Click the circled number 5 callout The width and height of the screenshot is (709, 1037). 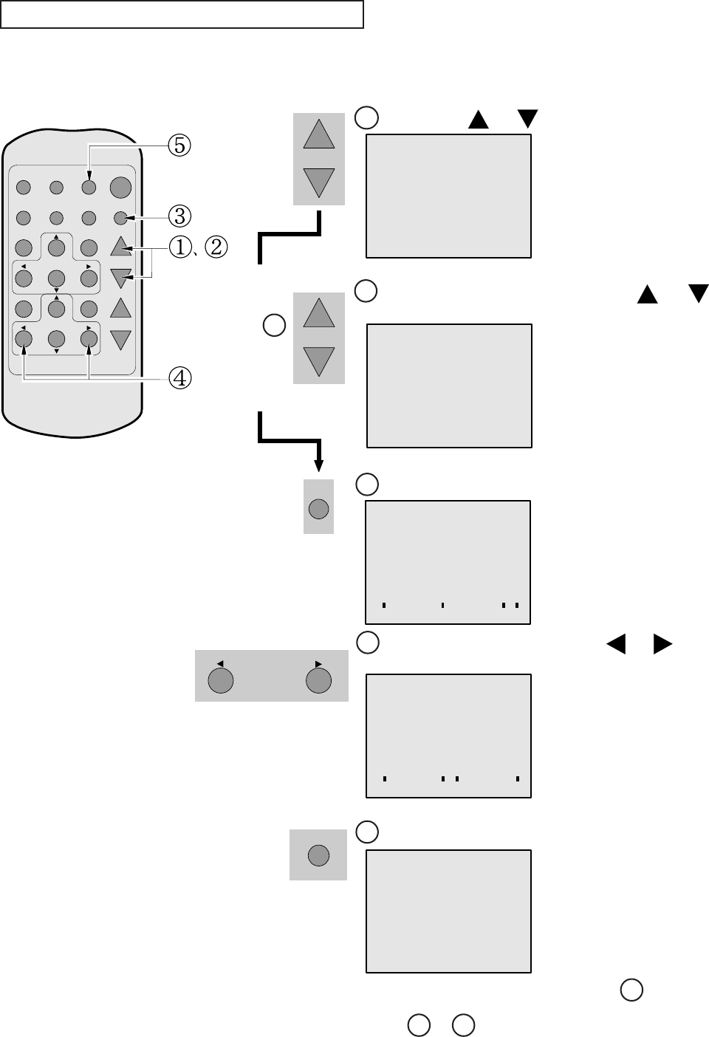click(179, 145)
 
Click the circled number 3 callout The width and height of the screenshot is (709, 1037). click(179, 216)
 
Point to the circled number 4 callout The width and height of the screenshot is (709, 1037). click(179, 378)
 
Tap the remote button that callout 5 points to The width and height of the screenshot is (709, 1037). click(89, 188)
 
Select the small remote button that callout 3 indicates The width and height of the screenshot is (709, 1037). click(120, 218)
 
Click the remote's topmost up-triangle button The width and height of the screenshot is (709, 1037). click(120, 246)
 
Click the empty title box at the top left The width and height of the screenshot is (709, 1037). click(182, 14)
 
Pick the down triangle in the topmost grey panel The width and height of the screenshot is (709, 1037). click(319, 182)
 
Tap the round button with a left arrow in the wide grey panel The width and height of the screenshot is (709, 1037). click(221, 680)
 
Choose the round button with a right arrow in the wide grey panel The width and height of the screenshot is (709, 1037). click(318, 680)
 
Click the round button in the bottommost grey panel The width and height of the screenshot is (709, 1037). click(318, 855)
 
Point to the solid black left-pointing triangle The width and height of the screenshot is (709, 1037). click(616, 644)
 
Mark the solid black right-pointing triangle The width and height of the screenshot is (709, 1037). click(662, 644)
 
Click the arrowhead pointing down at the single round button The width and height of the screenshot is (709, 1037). click(319, 466)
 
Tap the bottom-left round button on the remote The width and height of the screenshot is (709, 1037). click(24, 339)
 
